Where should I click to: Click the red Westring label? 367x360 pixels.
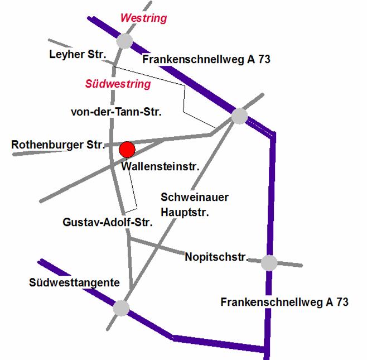[143, 18]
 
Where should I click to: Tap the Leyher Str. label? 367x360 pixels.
[74, 54]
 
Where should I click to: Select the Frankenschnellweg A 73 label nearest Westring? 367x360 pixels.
[206, 59]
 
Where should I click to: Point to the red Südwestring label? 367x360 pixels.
[118, 84]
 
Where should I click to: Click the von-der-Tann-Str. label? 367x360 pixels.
[116, 112]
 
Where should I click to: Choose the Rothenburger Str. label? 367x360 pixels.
[58, 145]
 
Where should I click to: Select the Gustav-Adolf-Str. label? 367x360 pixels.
[108, 222]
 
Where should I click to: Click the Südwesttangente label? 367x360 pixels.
[74, 282]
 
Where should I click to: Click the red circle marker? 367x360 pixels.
[127, 149]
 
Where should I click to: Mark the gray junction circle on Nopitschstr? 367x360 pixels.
[269, 262]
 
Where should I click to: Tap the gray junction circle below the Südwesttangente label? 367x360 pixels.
[121, 308]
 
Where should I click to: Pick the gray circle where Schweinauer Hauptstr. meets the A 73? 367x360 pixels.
[239, 116]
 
